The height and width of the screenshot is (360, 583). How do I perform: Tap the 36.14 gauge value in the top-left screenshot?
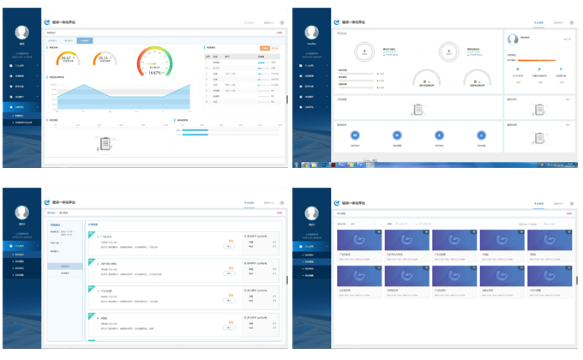click(x=105, y=59)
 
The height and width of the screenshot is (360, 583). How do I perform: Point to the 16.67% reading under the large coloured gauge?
click(x=155, y=73)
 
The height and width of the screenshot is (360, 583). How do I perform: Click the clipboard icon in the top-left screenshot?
click(x=105, y=142)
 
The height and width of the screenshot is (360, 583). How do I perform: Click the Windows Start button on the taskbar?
click(x=297, y=163)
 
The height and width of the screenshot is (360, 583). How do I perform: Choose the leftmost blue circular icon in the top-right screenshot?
click(x=356, y=135)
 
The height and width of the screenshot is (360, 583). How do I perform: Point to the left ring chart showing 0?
click(x=364, y=52)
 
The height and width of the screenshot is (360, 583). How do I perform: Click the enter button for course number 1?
click(x=231, y=249)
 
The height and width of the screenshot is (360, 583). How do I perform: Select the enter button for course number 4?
click(x=231, y=328)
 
